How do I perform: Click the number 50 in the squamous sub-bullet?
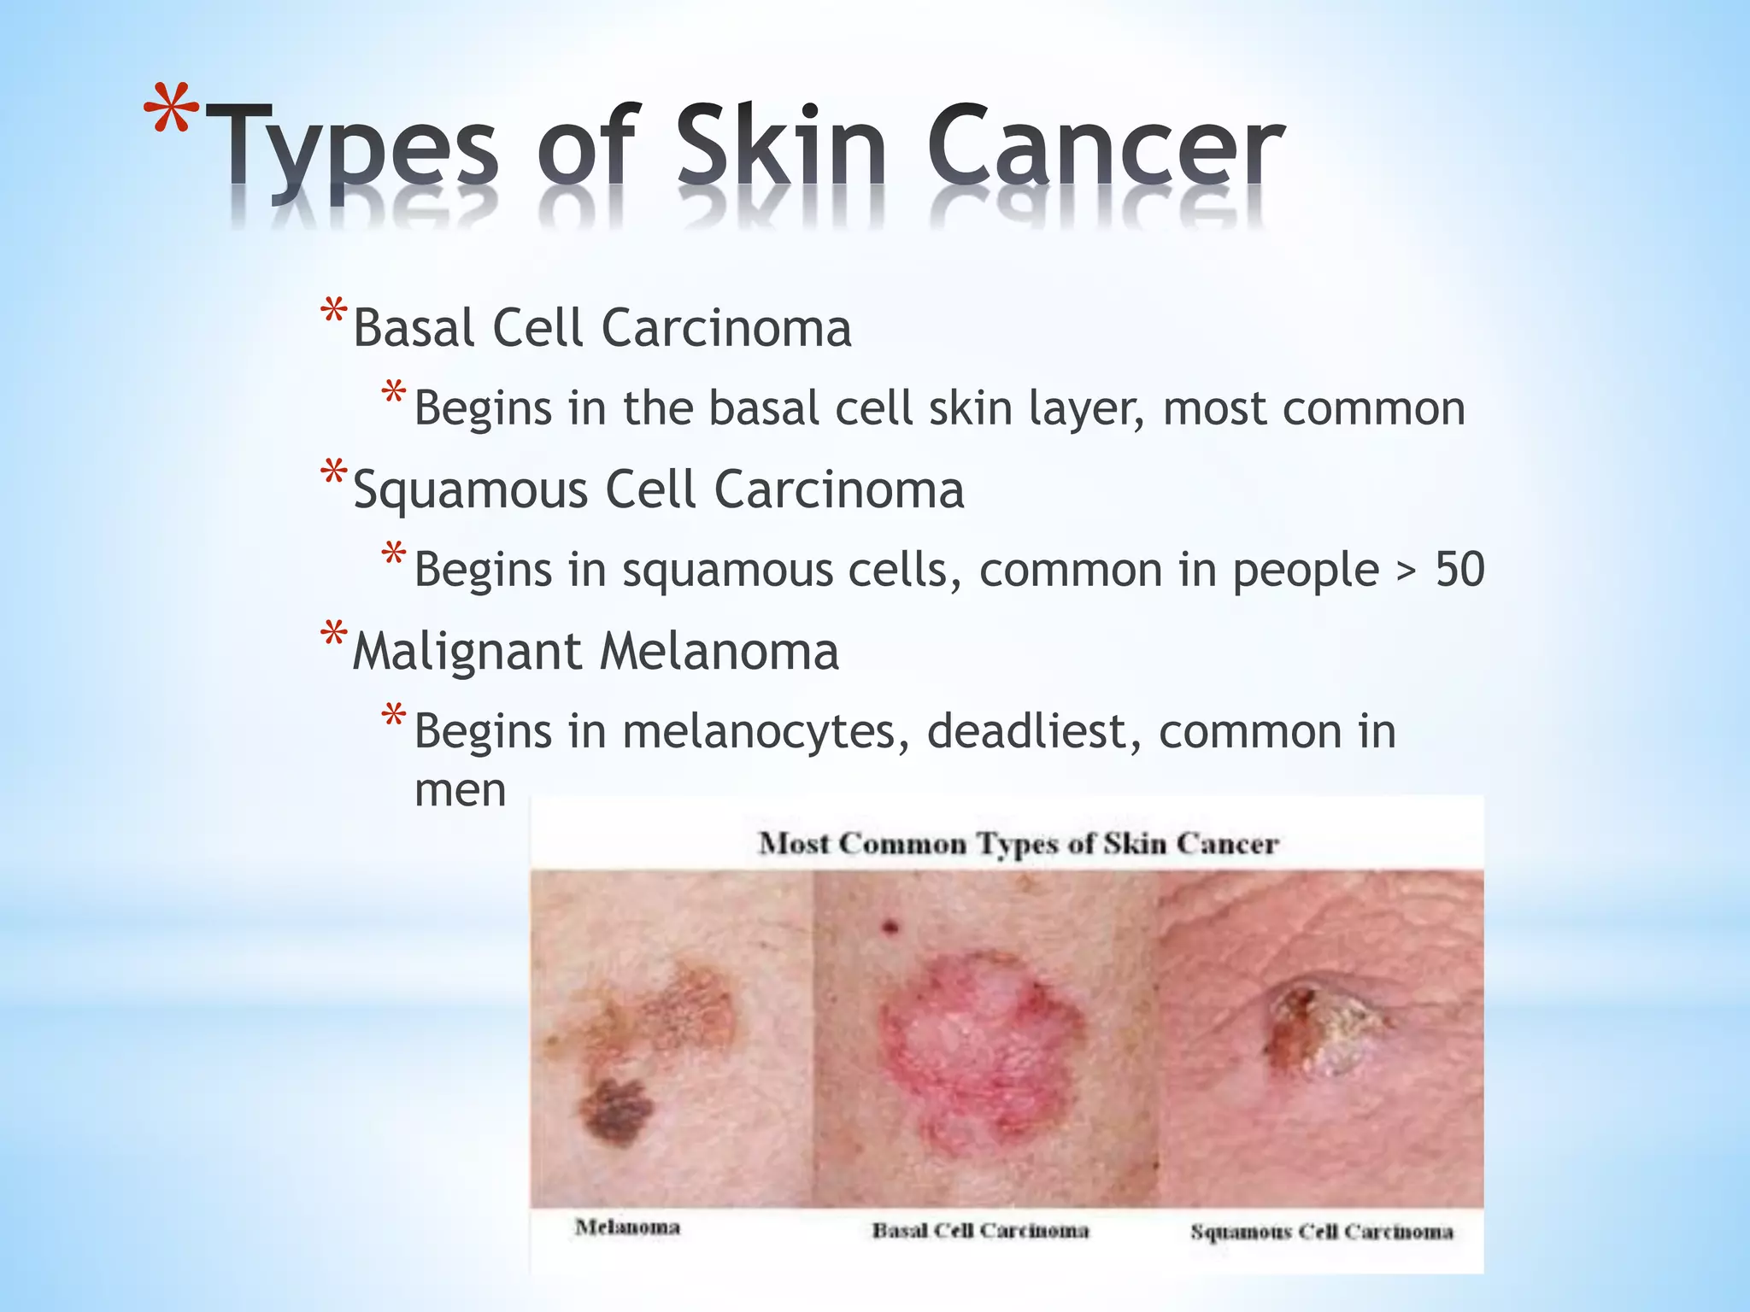pyautogui.click(x=1459, y=569)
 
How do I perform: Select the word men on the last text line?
pyautogui.click(x=460, y=790)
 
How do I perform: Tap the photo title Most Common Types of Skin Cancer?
pyautogui.click(x=1018, y=844)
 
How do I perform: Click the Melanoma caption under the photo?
pyautogui.click(x=627, y=1227)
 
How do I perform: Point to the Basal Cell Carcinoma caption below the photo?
pyautogui.click(x=980, y=1231)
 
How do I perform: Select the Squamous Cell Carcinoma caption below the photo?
pyautogui.click(x=1321, y=1232)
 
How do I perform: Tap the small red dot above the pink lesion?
pyautogui.click(x=890, y=926)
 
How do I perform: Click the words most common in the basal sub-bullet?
pyautogui.click(x=1313, y=408)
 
